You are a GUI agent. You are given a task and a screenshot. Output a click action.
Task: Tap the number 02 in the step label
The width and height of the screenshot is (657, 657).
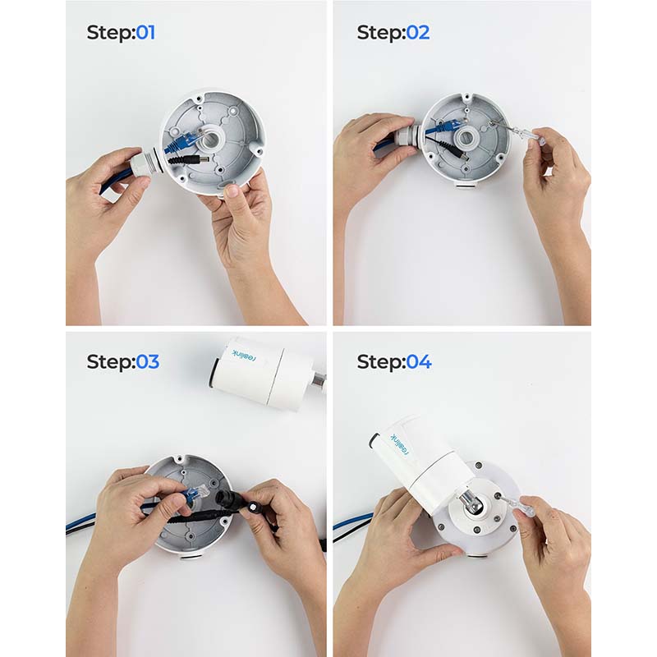(x=417, y=33)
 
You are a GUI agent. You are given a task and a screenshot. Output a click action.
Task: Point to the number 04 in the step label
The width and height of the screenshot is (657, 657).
(x=418, y=361)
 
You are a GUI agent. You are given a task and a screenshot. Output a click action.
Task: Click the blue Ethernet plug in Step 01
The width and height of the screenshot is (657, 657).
(x=180, y=143)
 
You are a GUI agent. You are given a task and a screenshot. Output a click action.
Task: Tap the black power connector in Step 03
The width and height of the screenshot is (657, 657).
(x=227, y=500)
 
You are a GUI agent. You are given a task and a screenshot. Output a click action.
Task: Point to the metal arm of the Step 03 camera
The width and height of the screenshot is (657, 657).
(x=318, y=380)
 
